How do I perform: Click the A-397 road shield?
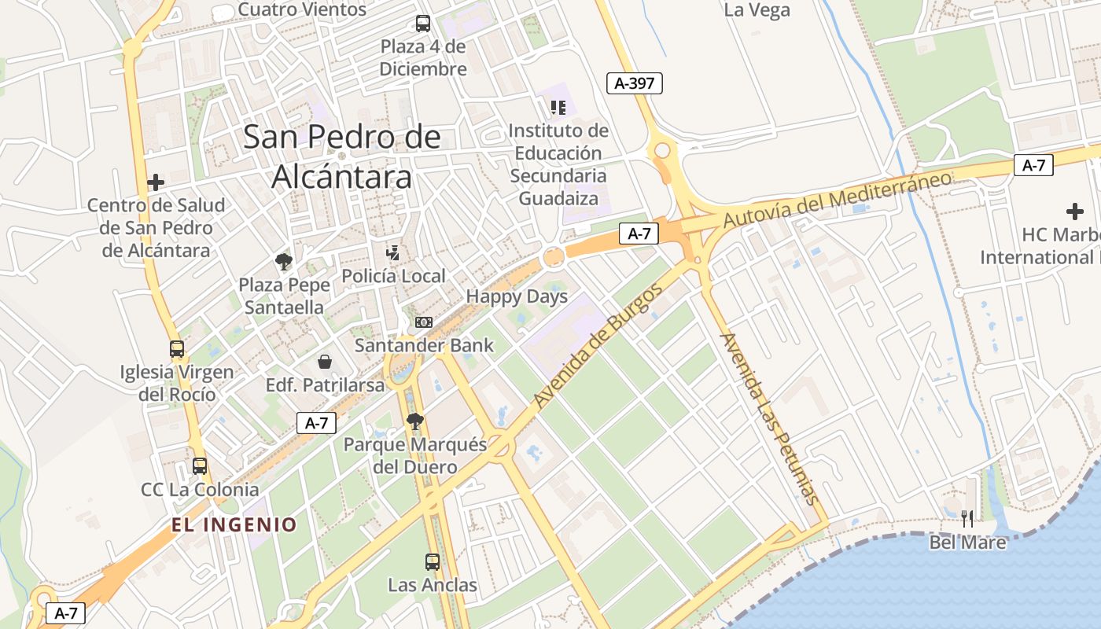tap(635, 83)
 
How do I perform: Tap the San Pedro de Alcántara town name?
tap(341, 157)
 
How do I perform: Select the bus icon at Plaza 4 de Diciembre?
tap(423, 24)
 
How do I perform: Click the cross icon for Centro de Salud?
tap(156, 182)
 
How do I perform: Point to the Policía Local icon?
tap(393, 253)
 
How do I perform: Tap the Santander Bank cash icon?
tap(424, 322)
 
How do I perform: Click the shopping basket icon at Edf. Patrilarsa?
tap(325, 362)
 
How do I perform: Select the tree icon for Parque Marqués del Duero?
tap(415, 422)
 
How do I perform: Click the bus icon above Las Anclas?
tap(433, 562)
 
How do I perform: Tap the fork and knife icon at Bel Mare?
tap(967, 519)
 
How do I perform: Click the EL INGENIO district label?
tap(234, 524)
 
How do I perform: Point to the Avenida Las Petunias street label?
tap(769, 418)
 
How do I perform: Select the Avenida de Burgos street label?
tap(598, 345)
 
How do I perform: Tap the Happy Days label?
tap(517, 297)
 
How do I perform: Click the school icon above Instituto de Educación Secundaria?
tap(558, 107)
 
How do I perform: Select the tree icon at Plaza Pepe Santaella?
tap(283, 262)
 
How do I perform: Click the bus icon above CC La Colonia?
tap(200, 466)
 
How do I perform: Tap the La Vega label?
tap(757, 10)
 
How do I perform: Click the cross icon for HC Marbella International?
tap(1074, 212)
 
